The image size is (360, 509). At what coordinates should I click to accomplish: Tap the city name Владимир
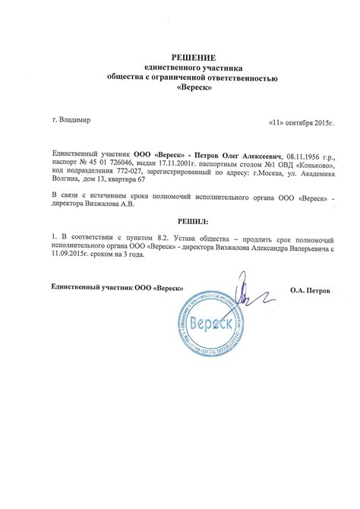click(x=76, y=121)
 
